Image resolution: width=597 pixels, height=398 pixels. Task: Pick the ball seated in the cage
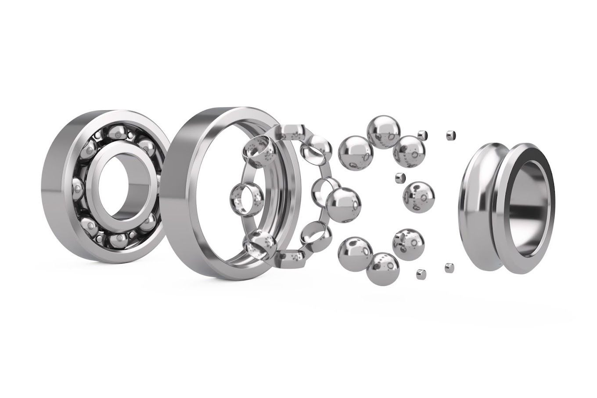344,204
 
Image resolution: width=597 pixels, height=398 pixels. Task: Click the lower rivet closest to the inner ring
449,266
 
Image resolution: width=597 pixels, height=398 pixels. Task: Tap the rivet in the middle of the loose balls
399,178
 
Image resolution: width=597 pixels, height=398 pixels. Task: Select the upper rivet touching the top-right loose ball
423,134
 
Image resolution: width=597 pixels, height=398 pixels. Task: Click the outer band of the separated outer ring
178,193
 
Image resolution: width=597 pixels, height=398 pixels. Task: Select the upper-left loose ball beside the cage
355,152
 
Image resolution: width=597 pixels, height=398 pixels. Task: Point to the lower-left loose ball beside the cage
354,253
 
